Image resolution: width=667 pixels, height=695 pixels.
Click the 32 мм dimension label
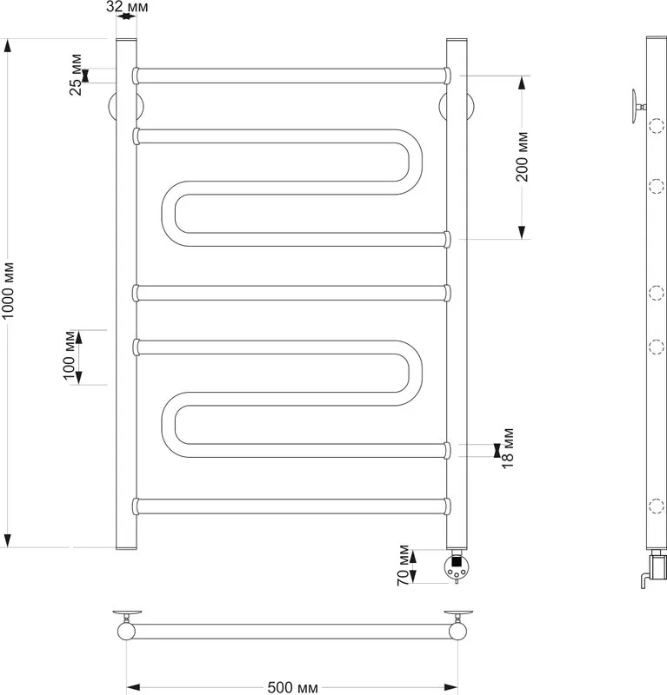127,7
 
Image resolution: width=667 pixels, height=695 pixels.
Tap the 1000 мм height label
9,291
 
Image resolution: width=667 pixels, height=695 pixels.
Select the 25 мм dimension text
77,75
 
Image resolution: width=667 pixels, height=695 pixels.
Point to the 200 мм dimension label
523,156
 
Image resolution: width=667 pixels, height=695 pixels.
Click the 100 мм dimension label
70,356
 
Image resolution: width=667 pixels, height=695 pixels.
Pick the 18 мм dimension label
508,448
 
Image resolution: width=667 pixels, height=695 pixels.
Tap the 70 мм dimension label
404,566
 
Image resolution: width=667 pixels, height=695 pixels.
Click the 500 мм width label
293,687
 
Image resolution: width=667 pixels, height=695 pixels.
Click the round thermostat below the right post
457,567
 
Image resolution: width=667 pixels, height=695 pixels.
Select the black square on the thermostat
457,561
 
